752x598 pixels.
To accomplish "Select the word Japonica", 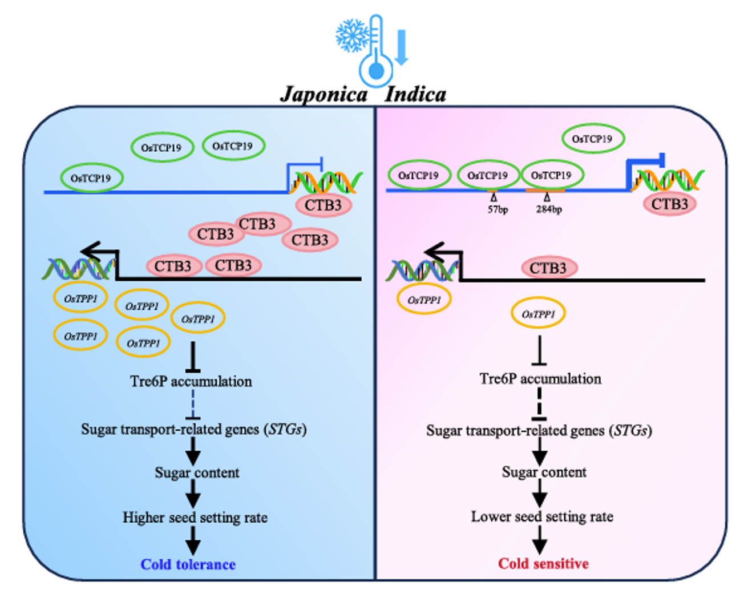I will tap(324, 94).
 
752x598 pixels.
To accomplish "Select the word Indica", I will tap(415, 94).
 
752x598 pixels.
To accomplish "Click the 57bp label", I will tap(498, 209).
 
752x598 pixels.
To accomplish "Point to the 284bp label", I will tap(549, 209).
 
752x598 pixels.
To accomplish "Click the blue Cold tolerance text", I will tap(188, 564).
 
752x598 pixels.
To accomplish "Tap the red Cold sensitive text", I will tap(543, 564).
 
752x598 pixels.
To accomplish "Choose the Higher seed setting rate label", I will tap(195, 518).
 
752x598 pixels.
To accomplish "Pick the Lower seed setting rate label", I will tap(542, 516).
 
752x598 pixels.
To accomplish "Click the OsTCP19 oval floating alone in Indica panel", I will tap(592, 139).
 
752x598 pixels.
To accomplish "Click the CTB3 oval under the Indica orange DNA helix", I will tap(670, 204).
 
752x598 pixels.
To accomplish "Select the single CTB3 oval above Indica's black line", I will tap(548, 268).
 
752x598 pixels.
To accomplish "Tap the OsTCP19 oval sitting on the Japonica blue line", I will tap(91, 178).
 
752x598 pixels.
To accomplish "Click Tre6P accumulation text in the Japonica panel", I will tap(191, 381).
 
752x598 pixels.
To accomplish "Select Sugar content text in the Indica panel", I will tap(544, 472).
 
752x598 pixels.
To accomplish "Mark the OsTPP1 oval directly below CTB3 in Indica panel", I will tap(538, 313).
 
